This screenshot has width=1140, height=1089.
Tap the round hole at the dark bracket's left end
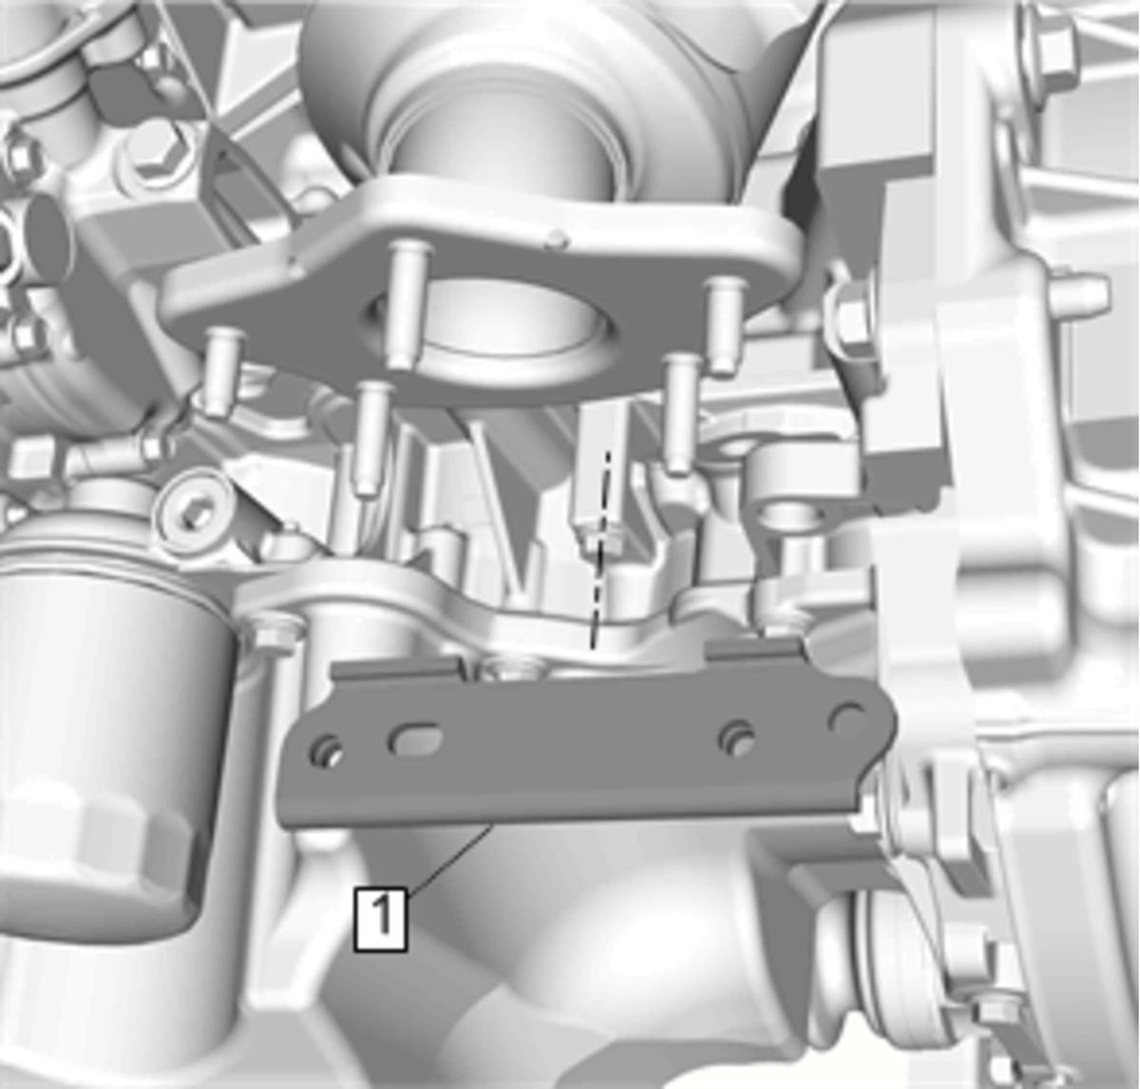328,751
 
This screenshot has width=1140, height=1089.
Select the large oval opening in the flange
498,321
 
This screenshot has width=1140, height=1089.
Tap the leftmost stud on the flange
224,371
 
